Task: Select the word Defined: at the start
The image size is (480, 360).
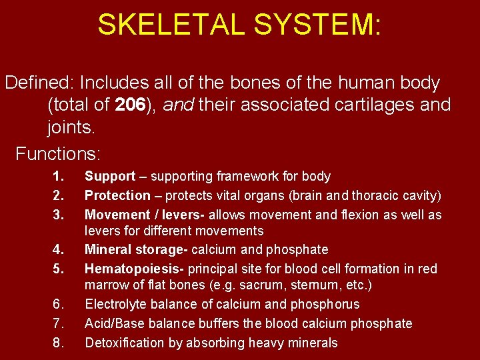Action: pos(39,83)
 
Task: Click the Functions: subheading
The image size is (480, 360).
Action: pos(58,154)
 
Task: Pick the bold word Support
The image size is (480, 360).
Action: pos(110,177)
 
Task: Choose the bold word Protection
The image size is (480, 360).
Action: pos(118,195)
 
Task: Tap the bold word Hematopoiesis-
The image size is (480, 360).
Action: pos(135,269)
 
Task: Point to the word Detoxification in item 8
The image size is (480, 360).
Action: pos(125,343)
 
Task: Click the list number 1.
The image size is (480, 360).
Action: pos(58,177)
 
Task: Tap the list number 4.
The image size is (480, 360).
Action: pos(58,250)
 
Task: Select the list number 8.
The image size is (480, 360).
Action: pos(58,343)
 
